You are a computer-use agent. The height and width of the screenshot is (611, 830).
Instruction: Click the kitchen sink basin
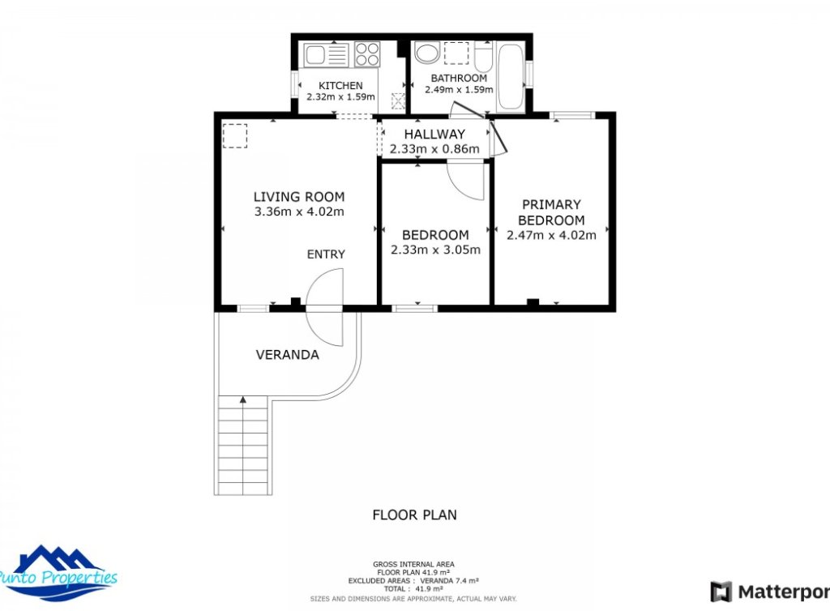click(315, 55)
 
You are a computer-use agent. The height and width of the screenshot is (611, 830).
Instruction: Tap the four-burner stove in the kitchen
click(367, 54)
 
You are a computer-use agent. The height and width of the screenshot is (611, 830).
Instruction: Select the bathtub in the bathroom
click(511, 78)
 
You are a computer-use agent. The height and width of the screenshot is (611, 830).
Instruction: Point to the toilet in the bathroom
click(483, 58)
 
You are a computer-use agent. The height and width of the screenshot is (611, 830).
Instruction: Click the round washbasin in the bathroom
click(426, 53)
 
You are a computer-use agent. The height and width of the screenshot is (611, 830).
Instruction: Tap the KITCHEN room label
click(340, 86)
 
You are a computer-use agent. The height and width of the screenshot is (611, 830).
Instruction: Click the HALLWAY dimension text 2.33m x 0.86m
click(434, 149)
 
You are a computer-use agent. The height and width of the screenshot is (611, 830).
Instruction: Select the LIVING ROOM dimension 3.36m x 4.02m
click(299, 212)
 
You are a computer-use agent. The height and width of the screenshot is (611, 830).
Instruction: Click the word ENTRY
click(326, 254)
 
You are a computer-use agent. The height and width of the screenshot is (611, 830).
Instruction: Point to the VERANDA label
click(287, 355)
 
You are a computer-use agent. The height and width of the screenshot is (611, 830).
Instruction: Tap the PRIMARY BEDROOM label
click(551, 212)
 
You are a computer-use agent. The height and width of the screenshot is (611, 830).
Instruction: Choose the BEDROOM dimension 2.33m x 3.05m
click(435, 250)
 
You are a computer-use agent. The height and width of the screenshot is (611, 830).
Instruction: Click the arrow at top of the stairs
click(242, 399)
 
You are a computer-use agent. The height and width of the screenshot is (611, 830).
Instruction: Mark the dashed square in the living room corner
click(235, 135)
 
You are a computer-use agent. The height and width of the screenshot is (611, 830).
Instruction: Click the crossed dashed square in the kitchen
click(397, 100)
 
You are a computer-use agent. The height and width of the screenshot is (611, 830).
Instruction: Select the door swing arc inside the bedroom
click(468, 183)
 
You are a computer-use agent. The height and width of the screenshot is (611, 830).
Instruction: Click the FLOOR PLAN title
click(414, 515)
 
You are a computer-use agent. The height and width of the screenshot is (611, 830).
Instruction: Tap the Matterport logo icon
click(721, 592)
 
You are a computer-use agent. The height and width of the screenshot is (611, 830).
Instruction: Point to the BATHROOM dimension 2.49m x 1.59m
click(459, 89)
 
